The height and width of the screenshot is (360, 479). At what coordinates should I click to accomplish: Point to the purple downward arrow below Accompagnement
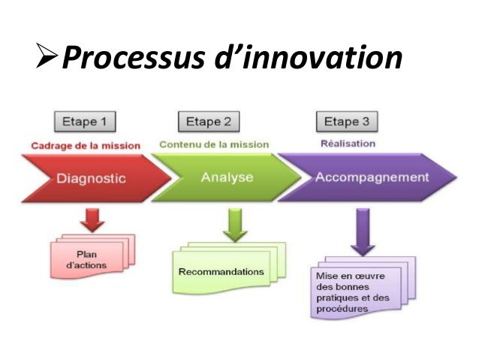[363, 230]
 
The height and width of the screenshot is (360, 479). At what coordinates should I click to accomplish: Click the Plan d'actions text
[90, 259]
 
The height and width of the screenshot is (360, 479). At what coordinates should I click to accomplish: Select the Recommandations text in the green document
[221, 271]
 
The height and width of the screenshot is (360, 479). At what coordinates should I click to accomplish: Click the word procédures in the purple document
[343, 308]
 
